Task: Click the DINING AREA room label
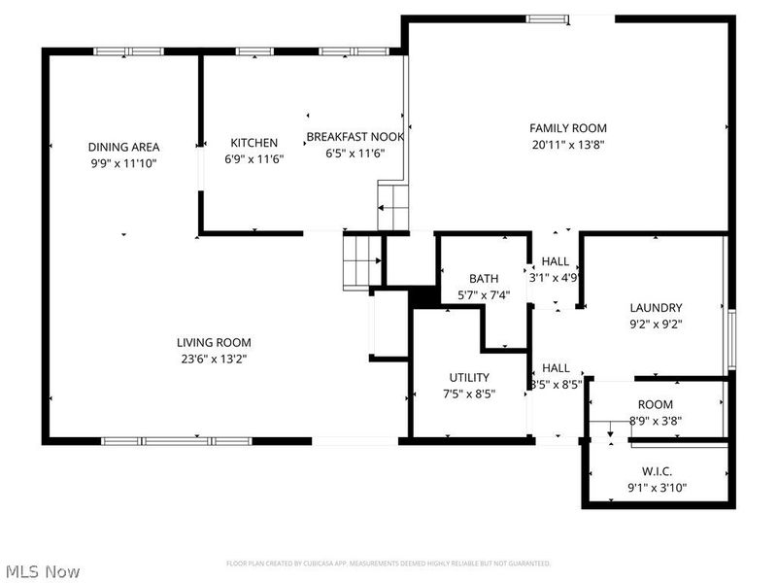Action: (123, 147)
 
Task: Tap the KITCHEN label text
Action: (253, 143)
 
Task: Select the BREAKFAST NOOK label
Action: (355, 137)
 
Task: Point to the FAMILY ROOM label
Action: (568, 128)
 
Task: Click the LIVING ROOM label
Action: (214, 342)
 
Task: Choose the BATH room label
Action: (484, 279)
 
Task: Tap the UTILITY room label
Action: (469, 377)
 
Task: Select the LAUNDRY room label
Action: (656, 308)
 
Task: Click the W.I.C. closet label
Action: (658, 471)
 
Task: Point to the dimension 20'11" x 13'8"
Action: (568, 145)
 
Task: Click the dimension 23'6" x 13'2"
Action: (214, 359)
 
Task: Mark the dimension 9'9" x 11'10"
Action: (123, 163)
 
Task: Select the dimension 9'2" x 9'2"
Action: (656, 325)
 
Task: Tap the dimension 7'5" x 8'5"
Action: (469, 394)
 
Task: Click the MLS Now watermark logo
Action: (42, 571)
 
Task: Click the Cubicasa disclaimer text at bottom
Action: (388, 564)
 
